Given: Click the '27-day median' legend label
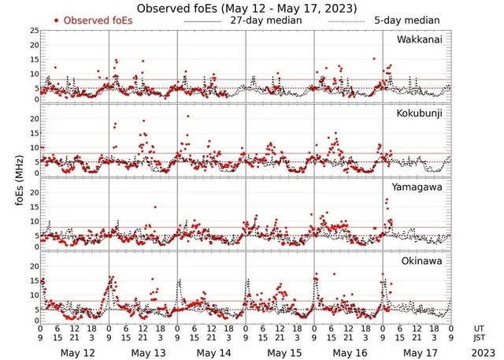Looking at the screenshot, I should click(x=265, y=20).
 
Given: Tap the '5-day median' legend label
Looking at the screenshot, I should click(x=406, y=20).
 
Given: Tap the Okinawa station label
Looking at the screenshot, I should click(x=423, y=259).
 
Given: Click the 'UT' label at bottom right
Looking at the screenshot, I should click(x=480, y=327).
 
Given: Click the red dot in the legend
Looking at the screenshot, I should click(x=57, y=20).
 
